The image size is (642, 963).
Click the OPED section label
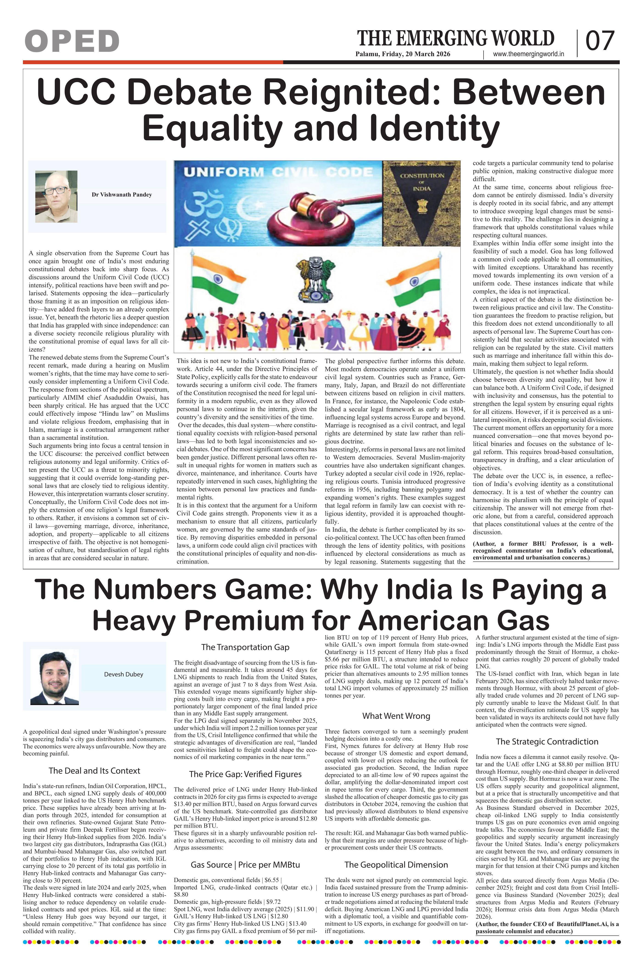coord(72,41)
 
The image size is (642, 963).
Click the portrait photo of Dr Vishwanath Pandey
coord(56,196)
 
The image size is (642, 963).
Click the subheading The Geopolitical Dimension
coord(396,865)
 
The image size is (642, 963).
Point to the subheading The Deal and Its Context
coord(94,771)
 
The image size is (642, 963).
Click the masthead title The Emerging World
coord(456,39)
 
